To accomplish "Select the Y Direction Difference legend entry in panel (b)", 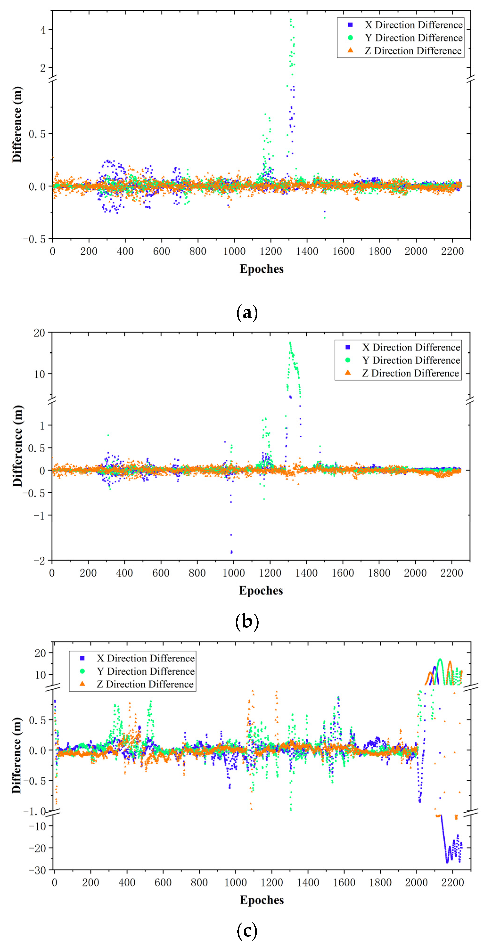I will pyautogui.click(x=410, y=360).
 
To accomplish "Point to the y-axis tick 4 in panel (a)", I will pyautogui.click(x=43, y=30).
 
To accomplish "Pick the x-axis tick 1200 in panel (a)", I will pyautogui.click(x=271, y=251).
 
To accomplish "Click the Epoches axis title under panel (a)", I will pyautogui.click(x=261, y=269).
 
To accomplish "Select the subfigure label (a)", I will pyautogui.click(x=246, y=313).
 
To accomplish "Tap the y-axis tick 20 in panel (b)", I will pyautogui.click(x=39, y=333).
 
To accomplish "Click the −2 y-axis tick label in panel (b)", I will pyautogui.click(x=39, y=560).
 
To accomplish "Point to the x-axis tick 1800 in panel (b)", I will pyautogui.click(x=379, y=573).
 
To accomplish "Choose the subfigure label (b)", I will pyautogui.click(x=246, y=622).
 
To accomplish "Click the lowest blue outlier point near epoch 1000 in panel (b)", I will pyautogui.click(x=231, y=552).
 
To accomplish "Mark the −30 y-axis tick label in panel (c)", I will pyautogui.click(x=37, y=870).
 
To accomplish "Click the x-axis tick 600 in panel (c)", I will pyautogui.click(x=163, y=883).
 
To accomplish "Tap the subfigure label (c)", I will pyautogui.click(x=246, y=931).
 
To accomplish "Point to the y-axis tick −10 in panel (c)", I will pyautogui.click(x=37, y=826).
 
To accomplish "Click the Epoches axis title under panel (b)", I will pyautogui.click(x=261, y=591).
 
